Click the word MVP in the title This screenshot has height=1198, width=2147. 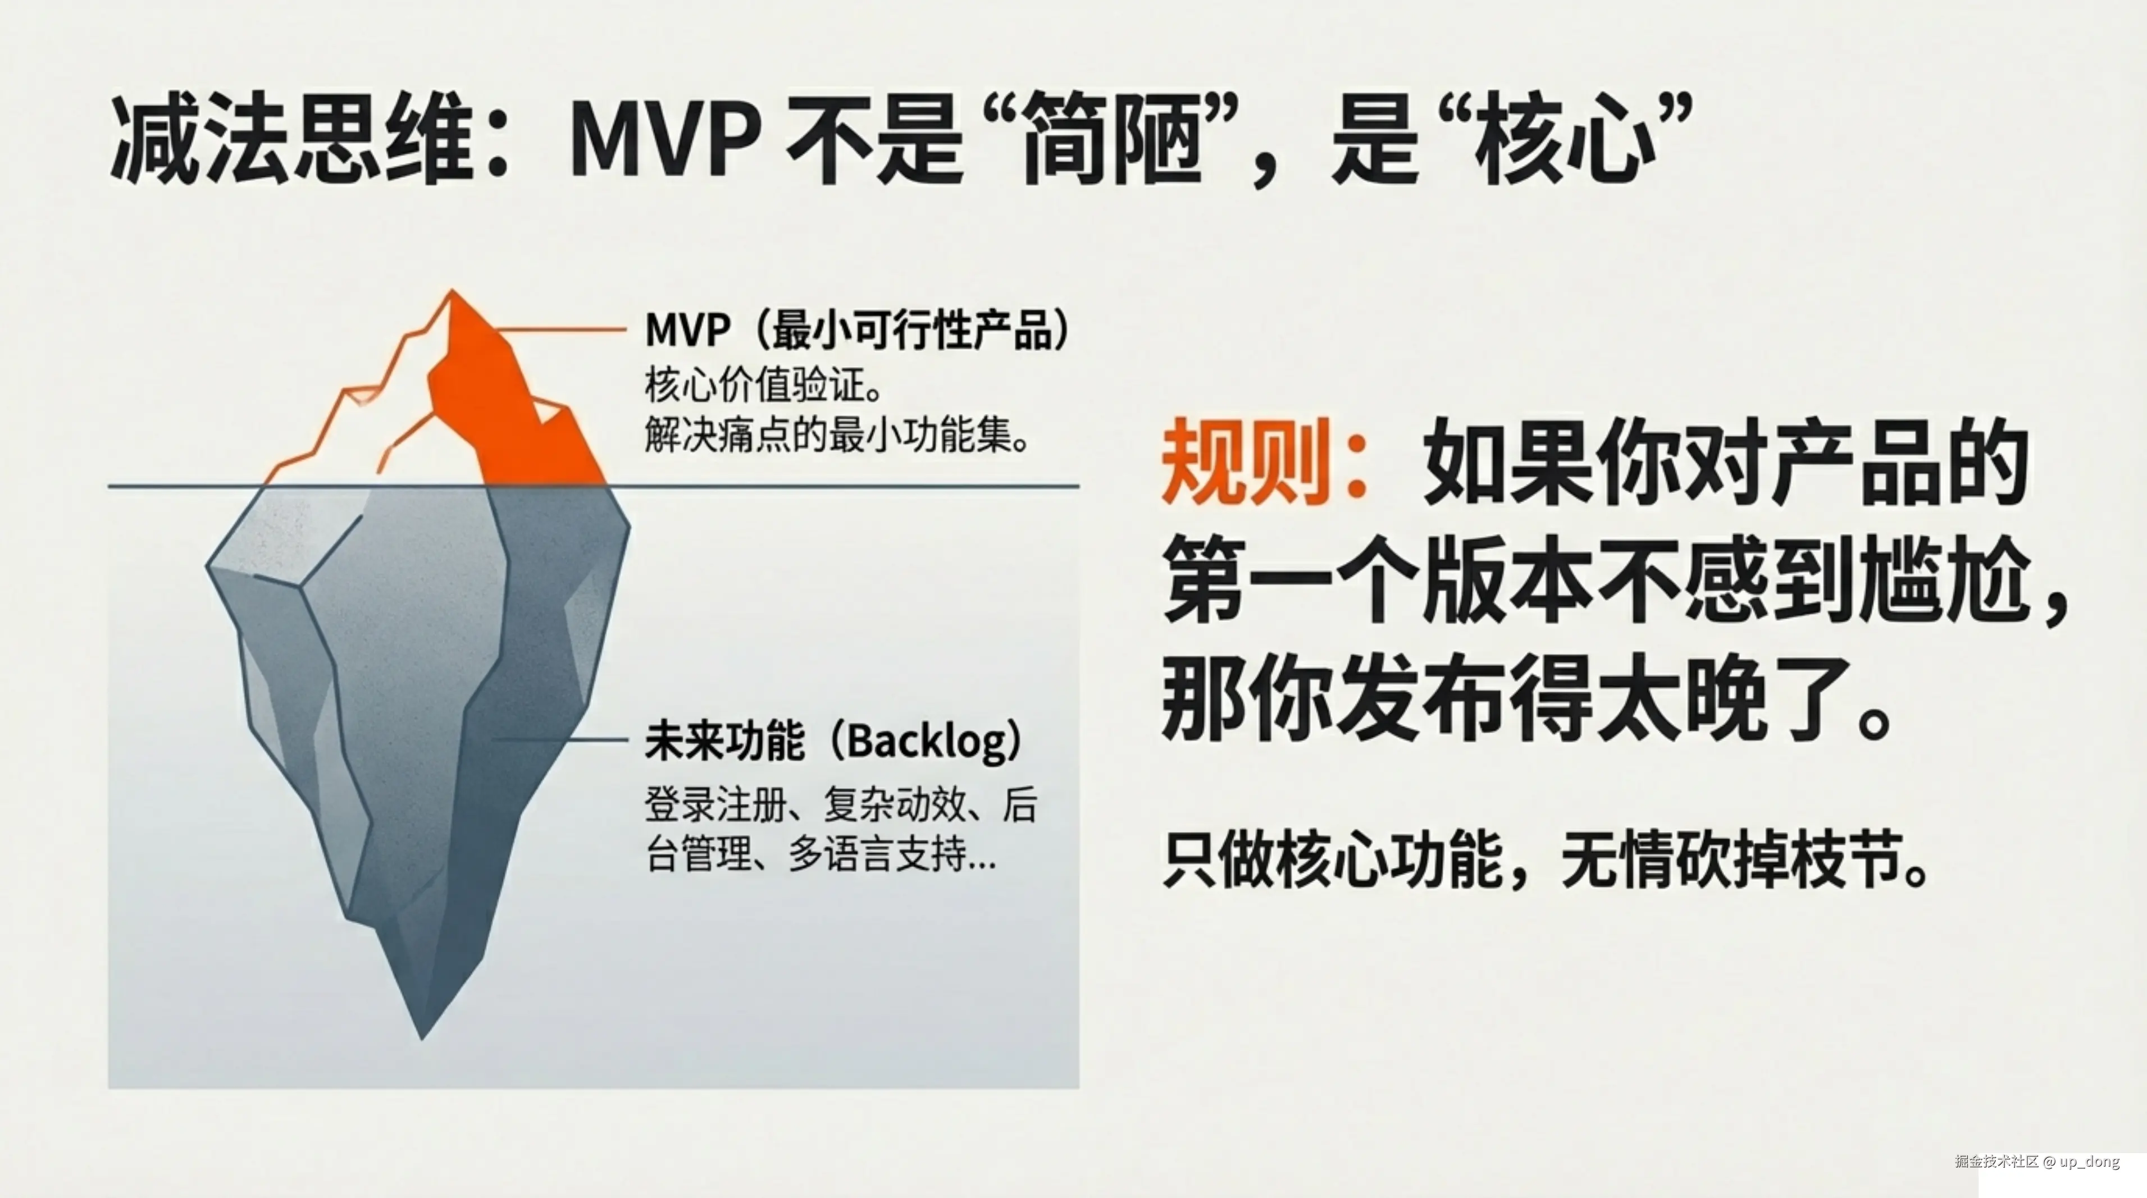664,138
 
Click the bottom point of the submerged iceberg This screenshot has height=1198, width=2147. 422,1033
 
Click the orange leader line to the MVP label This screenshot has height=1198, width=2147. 567,330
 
